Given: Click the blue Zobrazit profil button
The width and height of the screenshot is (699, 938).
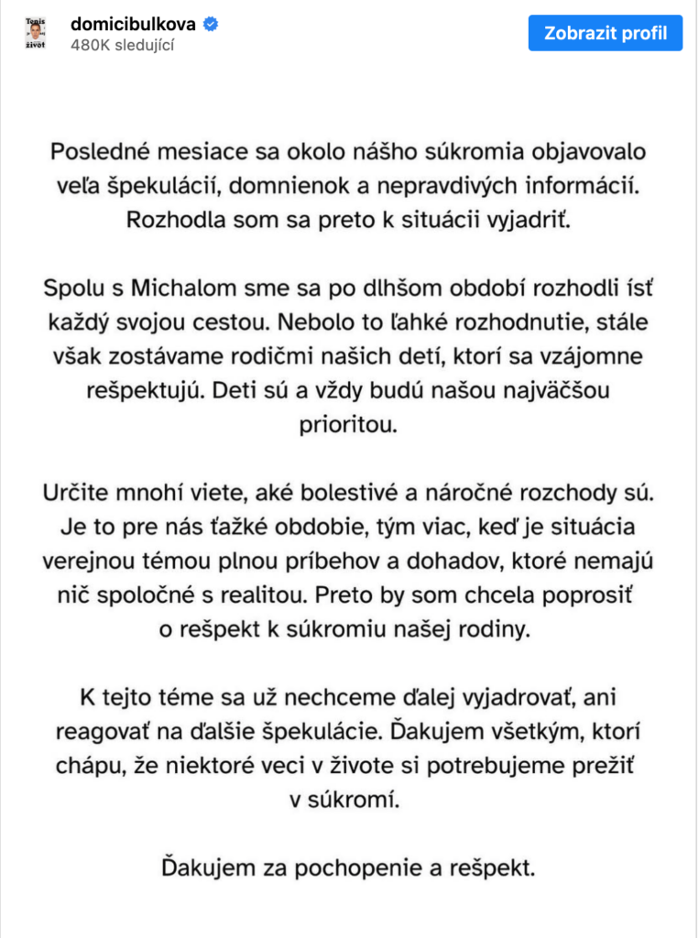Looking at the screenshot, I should click(x=605, y=34).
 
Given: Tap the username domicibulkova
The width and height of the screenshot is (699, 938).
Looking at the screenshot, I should click(x=132, y=24).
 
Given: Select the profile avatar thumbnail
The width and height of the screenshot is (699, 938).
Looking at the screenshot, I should click(x=35, y=35).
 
